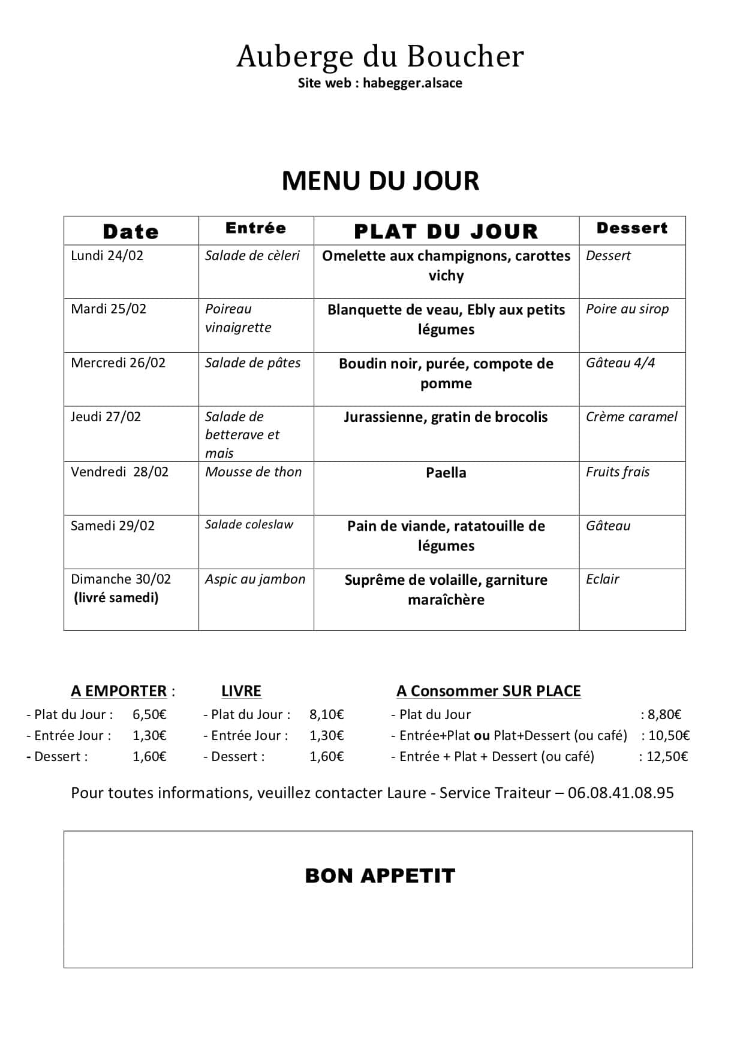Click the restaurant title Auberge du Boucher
(380, 56)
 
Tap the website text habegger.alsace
(412, 83)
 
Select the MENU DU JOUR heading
(380, 181)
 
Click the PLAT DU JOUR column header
(446, 231)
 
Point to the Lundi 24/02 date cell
(107, 256)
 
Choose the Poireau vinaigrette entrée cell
(238, 318)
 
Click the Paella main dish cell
(446, 473)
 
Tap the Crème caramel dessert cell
(631, 417)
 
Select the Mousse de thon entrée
(253, 472)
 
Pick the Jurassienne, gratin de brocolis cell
(446, 417)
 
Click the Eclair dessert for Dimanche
(603, 579)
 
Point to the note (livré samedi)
(116, 598)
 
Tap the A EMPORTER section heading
(119, 691)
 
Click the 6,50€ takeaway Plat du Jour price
(149, 714)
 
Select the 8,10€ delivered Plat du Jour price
(326, 714)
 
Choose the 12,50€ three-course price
(667, 757)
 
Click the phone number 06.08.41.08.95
(621, 793)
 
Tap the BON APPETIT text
(380, 876)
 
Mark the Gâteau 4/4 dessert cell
(620, 363)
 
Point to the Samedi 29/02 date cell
(113, 526)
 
